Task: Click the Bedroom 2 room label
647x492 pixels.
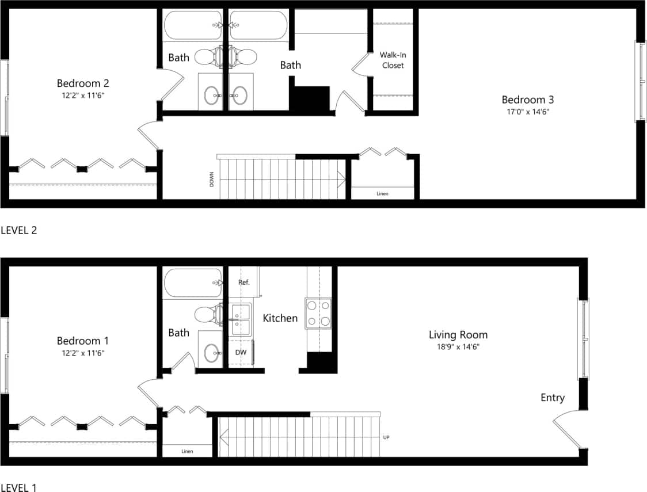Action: click(82, 83)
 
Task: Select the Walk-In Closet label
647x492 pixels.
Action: click(392, 60)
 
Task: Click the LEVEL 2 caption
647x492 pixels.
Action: click(18, 230)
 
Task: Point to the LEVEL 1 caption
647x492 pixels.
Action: click(18, 487)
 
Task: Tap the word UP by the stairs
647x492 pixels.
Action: click(386, 437)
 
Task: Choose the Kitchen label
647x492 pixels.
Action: click(280, 318)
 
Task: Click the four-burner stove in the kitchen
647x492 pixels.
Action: click(320, 314)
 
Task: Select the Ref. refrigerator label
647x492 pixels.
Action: click(244, 283)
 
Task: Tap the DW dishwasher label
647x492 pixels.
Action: click(241, 351)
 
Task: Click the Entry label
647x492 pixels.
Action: click(552, 398)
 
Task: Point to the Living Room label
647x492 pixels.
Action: click(458, 334)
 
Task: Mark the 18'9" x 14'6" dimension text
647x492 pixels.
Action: click(458, 346)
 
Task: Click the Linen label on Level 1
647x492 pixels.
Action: click(187, 451)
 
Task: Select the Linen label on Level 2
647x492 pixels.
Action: click(382, 193)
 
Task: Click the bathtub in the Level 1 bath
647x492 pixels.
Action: click(193, 283)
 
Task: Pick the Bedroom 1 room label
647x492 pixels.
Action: click(82, 341)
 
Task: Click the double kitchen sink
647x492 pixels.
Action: click(241, 320)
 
